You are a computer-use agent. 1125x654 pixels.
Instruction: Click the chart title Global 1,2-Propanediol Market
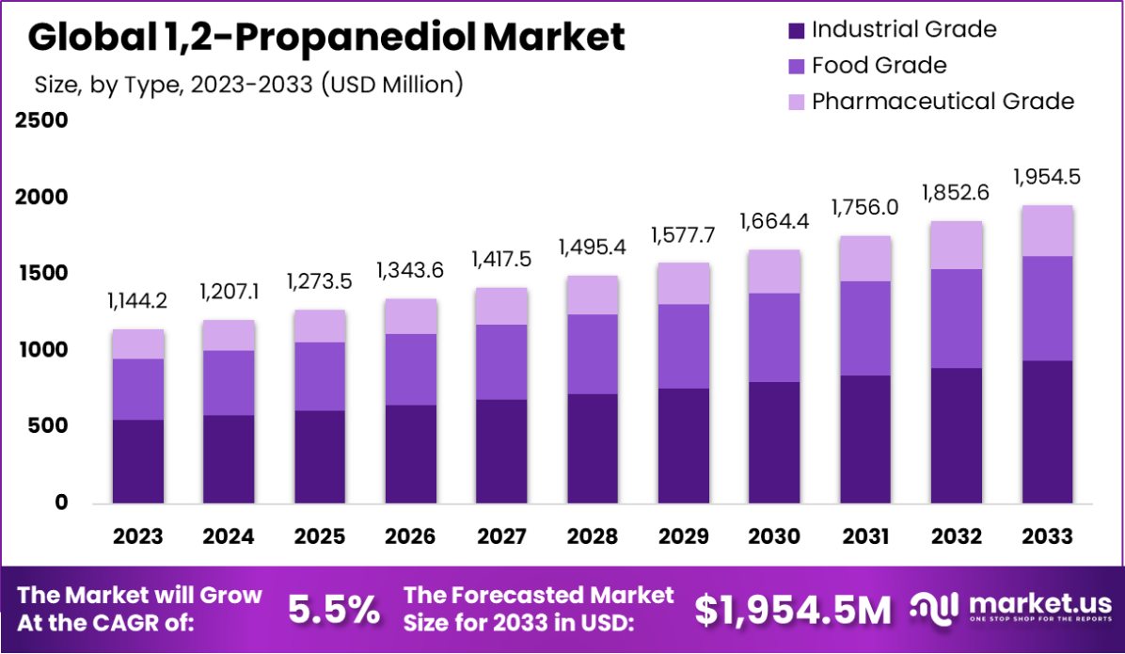(325, 38)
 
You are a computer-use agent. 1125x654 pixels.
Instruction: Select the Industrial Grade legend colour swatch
(796, 29)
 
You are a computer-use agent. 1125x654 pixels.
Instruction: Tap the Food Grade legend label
(879, 65)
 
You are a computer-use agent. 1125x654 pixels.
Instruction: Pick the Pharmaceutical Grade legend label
(943, 101)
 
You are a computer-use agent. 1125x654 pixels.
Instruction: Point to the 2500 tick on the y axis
(40, 121)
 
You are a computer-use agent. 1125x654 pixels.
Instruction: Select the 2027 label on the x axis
(501, 536)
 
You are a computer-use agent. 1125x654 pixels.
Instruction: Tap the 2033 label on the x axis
(1047, 536)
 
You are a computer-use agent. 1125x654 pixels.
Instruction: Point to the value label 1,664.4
(774, 224)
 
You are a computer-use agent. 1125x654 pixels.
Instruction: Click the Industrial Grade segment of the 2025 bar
(319, 456)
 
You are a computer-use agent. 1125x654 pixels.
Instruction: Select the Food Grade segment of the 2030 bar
(774, 337)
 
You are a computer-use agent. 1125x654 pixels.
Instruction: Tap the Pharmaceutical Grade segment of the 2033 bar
(1047, 231)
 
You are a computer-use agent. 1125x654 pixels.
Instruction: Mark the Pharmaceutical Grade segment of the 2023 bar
(138, 343)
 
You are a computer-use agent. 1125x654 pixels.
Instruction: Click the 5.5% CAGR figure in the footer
(334, 610)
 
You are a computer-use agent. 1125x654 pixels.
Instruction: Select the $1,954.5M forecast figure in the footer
(793, 610)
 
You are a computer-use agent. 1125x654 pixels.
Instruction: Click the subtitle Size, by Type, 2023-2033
(249, 84)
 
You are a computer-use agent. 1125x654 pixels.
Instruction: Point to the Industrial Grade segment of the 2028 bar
(593, 448)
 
